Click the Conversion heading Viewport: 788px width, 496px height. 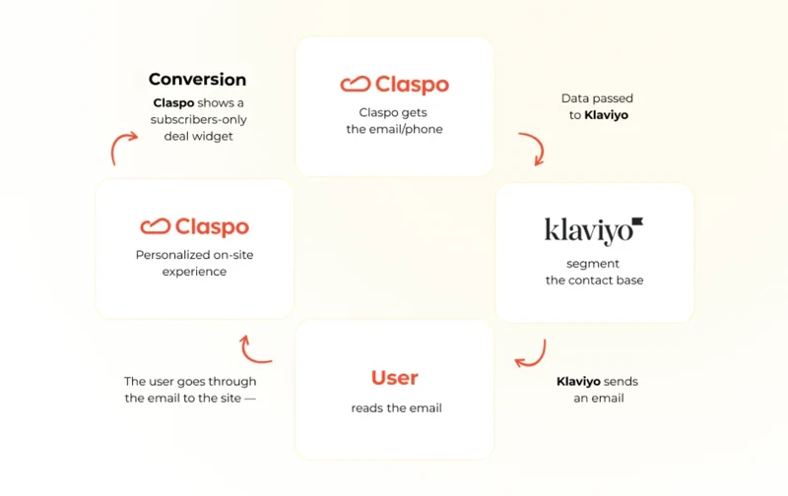[197, 80]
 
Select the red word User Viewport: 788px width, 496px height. [394, 378]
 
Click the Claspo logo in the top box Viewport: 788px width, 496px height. [394, 85]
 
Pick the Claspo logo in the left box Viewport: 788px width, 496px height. [194, 227]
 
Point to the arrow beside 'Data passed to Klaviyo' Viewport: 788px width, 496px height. [533, 150]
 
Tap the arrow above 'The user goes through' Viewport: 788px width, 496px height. [255, 347]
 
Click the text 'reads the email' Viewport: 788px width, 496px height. [396, 407]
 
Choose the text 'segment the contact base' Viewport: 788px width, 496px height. [594, 272]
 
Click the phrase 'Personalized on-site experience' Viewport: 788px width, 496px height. [194, 263]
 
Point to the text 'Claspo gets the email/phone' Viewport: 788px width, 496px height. [394, 120]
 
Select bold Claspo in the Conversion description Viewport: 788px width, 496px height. [173, 102]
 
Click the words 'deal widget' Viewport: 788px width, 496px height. [198, 136]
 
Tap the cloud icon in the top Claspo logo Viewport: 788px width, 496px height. [355, 85]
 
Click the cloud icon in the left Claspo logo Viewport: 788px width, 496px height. [156, 227]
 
